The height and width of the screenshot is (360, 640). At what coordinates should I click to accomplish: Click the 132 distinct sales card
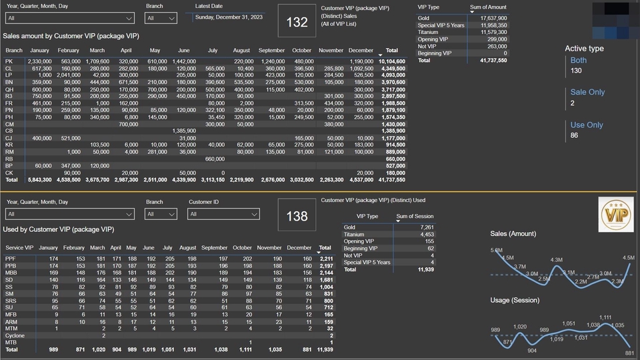click(297, 22)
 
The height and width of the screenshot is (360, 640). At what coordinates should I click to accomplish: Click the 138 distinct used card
click(297, 216)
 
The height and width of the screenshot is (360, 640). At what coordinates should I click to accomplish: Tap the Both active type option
click(579, 60)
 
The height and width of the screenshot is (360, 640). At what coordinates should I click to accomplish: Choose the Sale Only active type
click(587, 92)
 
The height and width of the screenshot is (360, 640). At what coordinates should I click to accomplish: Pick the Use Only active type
click(586, 125)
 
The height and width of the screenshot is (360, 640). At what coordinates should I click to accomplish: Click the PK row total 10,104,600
click(391, 61)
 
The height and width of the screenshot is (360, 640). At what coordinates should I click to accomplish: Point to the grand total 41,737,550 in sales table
click(391, 179)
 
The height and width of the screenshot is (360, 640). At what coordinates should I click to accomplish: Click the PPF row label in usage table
click(11, 258)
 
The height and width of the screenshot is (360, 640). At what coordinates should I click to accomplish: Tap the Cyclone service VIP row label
click(15, 336)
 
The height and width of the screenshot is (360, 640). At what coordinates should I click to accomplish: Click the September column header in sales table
click(271, 51)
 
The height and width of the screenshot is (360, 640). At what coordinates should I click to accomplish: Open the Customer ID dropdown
click(223, 214)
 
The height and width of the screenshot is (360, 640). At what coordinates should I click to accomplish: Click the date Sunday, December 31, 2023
click(228, 17)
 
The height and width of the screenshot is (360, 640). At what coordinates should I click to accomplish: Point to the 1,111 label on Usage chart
click(605, 318)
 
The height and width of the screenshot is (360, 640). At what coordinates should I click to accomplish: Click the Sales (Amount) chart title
click(513, 234)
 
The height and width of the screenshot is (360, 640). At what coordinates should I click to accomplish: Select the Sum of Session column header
click(415, 216)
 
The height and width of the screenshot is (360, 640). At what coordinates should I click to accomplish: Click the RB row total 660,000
click(395, 159)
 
